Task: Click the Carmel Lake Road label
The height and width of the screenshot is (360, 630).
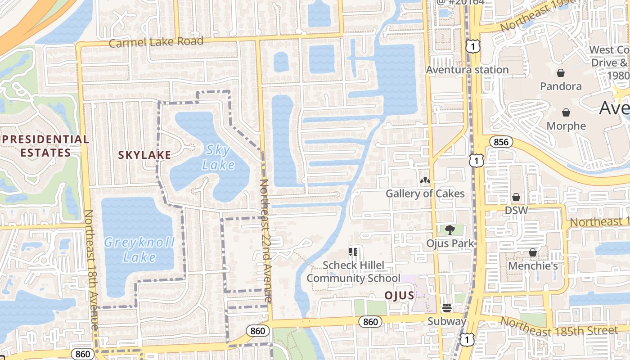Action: click(x=156, y=42)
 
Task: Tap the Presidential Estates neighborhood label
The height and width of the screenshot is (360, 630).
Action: click(x=45, y=146)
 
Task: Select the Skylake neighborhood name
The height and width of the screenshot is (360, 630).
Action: click(x=144, y=155)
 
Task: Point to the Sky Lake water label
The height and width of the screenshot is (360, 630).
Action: click(x=218, y=157)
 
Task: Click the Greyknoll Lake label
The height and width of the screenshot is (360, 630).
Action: click(x=139, y=250)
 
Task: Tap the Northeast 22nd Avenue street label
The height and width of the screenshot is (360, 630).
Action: click(x=265, y=241)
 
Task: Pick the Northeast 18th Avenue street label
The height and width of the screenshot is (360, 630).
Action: click(x=91, y=270)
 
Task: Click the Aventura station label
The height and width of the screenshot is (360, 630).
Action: click(x=467, y=70)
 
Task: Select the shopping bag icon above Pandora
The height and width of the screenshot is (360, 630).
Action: click(x=561, y=73)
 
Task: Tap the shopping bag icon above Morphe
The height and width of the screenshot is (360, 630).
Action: click(x=566, y=112)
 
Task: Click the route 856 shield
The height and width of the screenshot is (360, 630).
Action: click(x=501, y=142)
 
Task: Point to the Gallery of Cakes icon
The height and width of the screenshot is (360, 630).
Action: click(x=425, y=181)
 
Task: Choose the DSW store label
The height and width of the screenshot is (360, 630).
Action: click(x=516, y=210)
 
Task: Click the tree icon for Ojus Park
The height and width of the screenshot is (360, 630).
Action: click(x=450, y=230)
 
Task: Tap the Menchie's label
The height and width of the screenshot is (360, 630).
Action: click(x=533, y=266)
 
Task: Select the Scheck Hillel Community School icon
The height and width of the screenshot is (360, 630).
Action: click(x=353, y=252)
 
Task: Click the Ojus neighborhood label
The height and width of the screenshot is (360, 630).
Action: click(x=399, y=295)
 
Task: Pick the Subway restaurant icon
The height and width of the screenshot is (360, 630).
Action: click(x=447, y=308)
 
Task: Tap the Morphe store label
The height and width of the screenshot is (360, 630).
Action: click(x=566, y=126)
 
